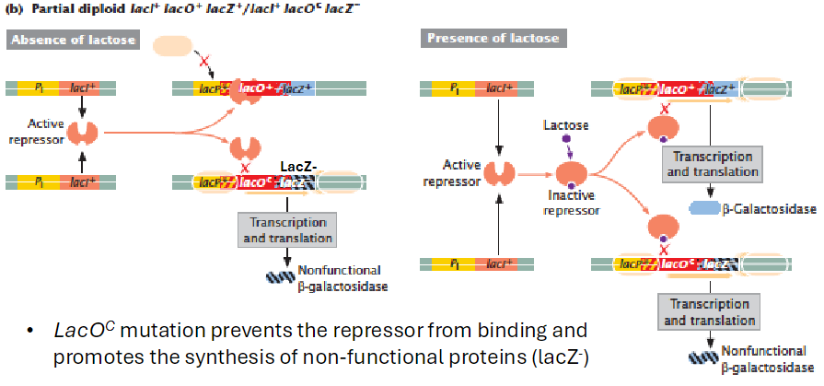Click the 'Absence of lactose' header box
(x=73, y=40)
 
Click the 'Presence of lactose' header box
(x=492, y=39)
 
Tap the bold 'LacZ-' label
(x=298, y=167)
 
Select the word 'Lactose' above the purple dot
(x=564, y=123)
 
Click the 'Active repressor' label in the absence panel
(x=33, y=132)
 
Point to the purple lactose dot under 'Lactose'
(x=563, y=142)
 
